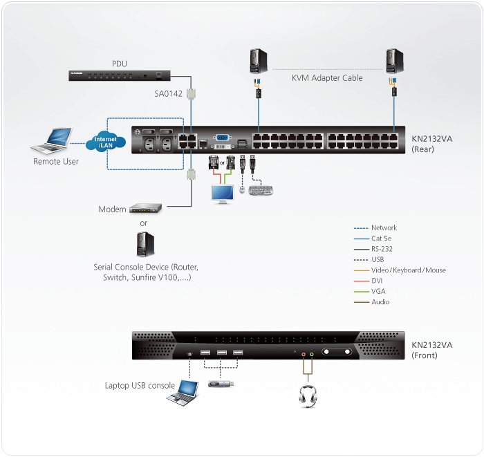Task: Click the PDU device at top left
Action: (x=118, y=74)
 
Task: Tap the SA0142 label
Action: (x=168, y=95)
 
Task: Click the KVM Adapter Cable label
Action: (x=326, y=78)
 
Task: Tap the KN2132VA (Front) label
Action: (x=432, y=350)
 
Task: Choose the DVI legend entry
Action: (x=377, y=281)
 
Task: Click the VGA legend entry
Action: (x=378, y=291)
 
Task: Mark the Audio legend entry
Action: (x=380, y=302)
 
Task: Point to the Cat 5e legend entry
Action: (x=381, y=238)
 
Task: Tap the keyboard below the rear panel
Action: (x=261, y=190)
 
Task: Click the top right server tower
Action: (x=394, y=61)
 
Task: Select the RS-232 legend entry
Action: (x=380, y=249)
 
